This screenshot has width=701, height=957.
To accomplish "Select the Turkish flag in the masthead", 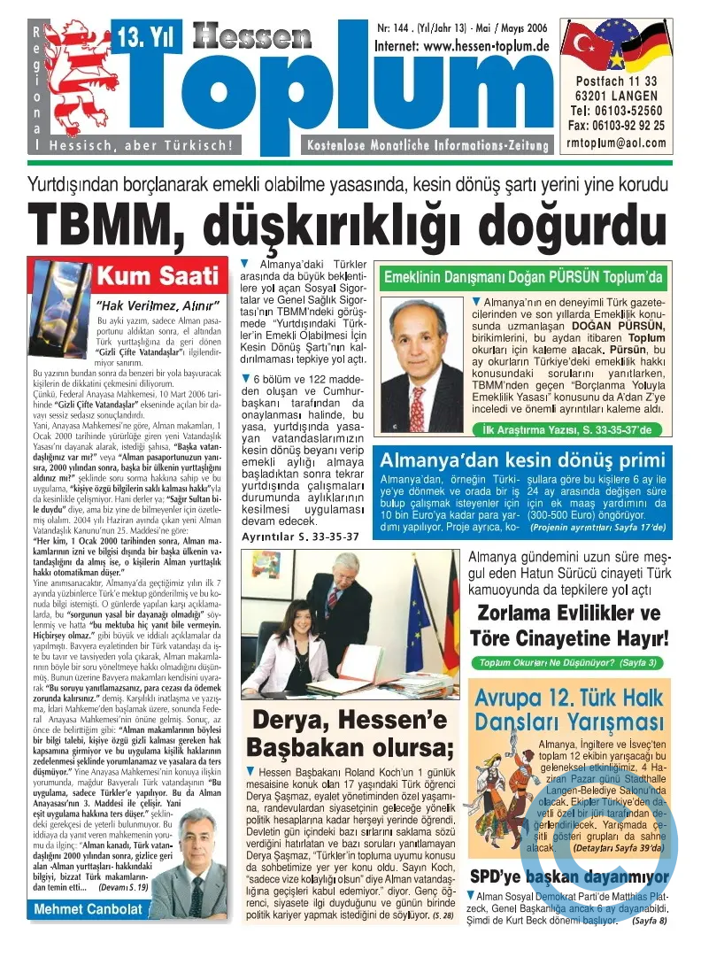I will (x=587, y=42).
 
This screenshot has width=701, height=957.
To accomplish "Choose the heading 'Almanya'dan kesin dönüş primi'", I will (x=522, y=460).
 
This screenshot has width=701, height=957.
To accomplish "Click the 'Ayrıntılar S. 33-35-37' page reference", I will (x=300, y=536).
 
